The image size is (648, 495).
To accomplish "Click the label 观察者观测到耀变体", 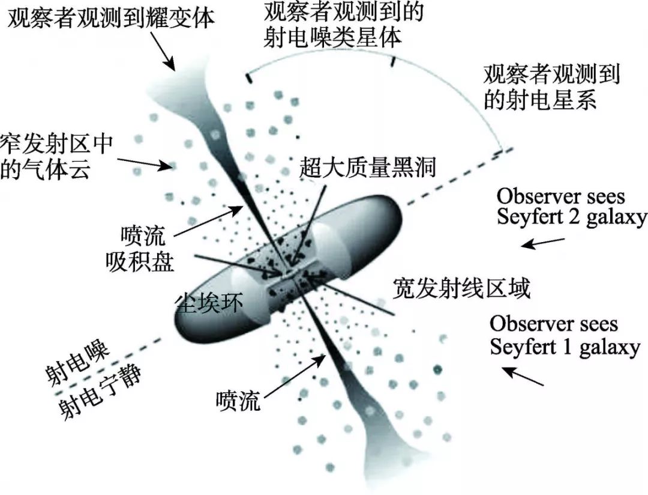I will [110, 18].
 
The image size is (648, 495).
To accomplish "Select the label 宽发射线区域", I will [461, 289].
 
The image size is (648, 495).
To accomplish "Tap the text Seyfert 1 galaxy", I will [564, 347].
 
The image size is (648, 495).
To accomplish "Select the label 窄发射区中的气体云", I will [58, 155].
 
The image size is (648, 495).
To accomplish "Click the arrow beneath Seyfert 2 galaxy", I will [542, 242].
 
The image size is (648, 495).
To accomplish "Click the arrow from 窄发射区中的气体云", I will [146, 163].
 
